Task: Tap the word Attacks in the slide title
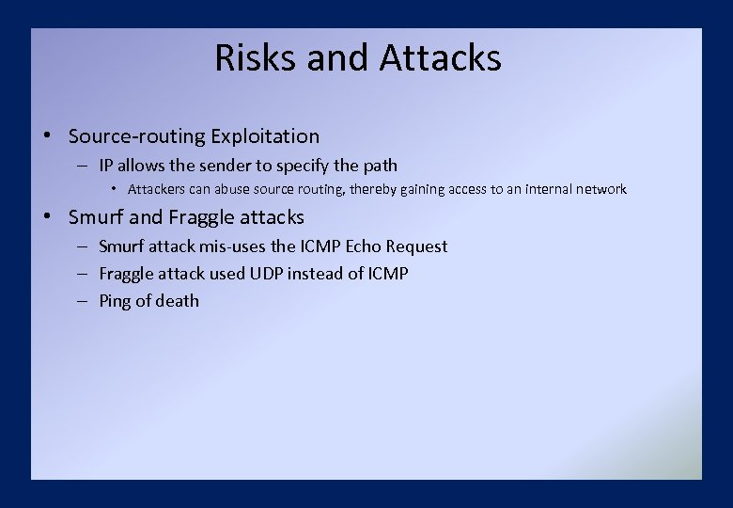441,58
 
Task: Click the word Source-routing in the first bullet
136,137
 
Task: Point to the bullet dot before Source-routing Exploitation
46,136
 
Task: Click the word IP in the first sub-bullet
106,166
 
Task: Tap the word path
380,166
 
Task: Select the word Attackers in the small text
157,190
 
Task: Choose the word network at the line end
602,190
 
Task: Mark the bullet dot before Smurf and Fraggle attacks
46,217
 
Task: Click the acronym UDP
264,274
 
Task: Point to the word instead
319,274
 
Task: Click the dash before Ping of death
83,301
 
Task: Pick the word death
177,301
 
